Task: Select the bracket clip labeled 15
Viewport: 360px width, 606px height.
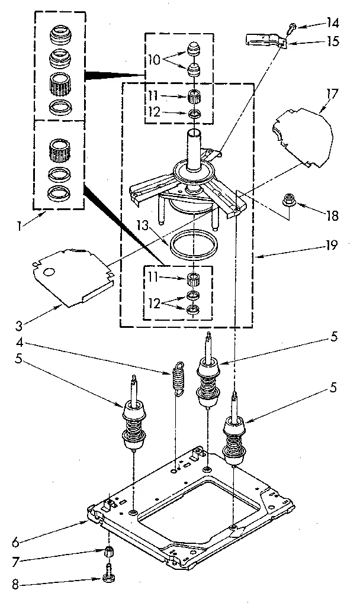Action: [x=265, y=41]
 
